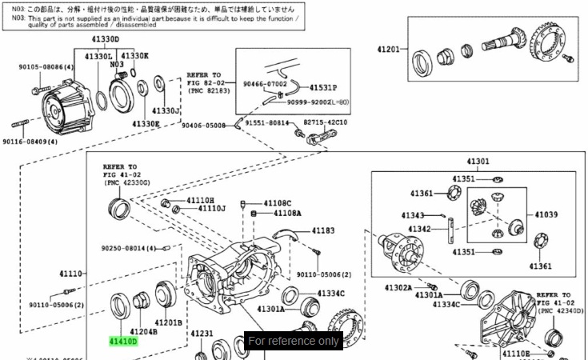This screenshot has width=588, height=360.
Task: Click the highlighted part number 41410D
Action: (x=124, y=341)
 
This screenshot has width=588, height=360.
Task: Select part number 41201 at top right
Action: (x=388, y=50)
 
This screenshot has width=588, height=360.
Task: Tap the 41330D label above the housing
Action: (x=105, y=39)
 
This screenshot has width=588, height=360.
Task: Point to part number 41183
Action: (x=323, y=230)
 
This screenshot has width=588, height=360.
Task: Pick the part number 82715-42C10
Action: (x=325, y=122)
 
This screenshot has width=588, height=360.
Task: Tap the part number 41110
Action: (x=71, y=274)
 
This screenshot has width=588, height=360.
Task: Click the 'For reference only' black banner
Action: (x=294, y=341)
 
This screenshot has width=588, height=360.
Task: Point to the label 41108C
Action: (x=278, y=203)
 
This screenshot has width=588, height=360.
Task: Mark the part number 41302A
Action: (x=398, y=287)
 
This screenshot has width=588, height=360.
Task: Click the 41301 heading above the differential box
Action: (x=478, y=162)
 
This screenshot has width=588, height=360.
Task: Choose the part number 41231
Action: (x=202, y=334)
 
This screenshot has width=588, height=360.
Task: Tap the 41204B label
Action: (x=143, y=330)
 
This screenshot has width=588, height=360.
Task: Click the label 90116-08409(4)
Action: (x=30, y=142)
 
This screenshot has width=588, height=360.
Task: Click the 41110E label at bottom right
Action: (x=516, y=353)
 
